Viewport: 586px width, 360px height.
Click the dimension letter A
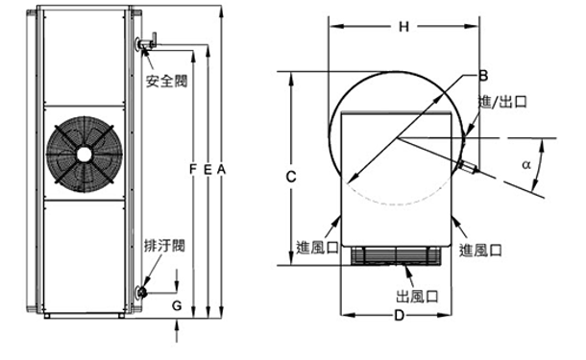(222, 170)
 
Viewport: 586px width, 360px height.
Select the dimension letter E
(208, 170)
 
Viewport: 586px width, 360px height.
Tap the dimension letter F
(193, 170)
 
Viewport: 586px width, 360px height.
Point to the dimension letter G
(177, 306)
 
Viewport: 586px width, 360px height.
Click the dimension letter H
(403, 27)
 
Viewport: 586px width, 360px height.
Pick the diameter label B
(483, 76)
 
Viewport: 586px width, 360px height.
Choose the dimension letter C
(291, 177)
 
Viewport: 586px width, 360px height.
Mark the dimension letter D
(400, 316)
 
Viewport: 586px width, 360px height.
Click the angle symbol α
(526, 164)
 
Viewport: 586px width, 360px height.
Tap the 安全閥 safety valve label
(166, 81)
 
